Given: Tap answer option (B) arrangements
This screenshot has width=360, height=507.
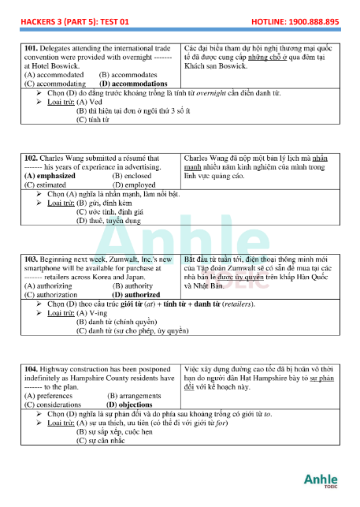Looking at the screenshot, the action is coord(134,394).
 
